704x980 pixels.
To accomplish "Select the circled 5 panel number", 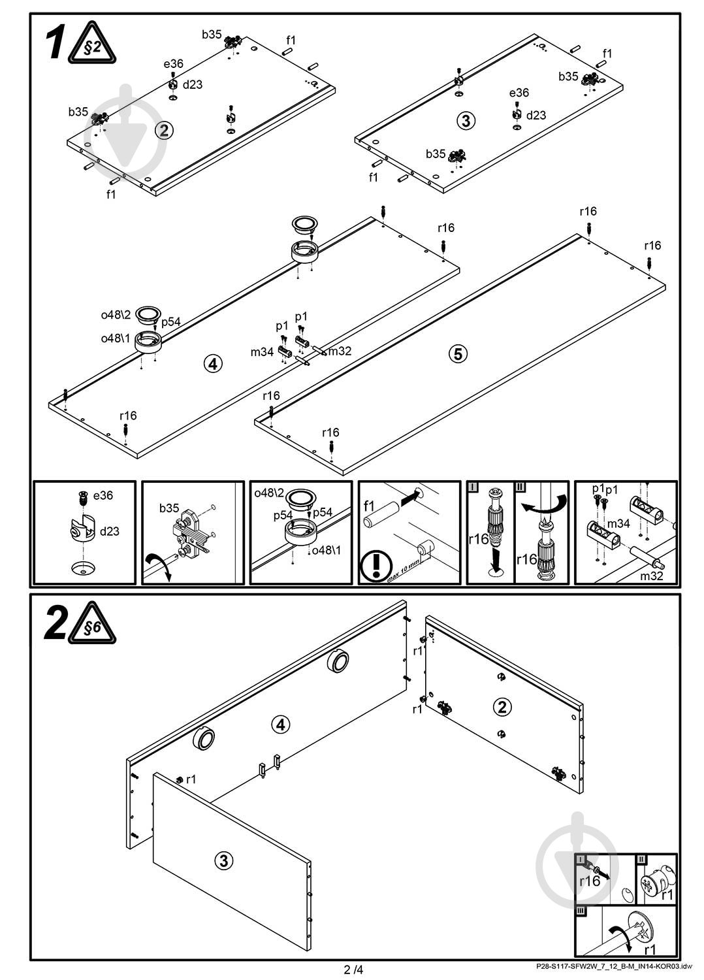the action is tap(458, 353).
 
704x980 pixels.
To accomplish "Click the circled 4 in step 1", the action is tap(213, 363).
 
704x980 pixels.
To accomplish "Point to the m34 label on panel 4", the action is tap(262, 351).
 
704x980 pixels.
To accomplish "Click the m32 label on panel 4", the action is tap(340, 351).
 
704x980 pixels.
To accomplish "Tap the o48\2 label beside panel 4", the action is tap(116, 314).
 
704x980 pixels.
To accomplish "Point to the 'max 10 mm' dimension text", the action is tap(403, 570).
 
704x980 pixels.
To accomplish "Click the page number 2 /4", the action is tap(353, 970).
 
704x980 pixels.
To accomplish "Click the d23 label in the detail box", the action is tap(109, 531).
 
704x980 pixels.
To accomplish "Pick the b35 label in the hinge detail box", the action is tap(169, 508).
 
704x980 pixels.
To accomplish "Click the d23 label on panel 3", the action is tap(536, 115).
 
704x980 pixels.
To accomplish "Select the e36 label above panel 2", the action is tap(174, 64).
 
